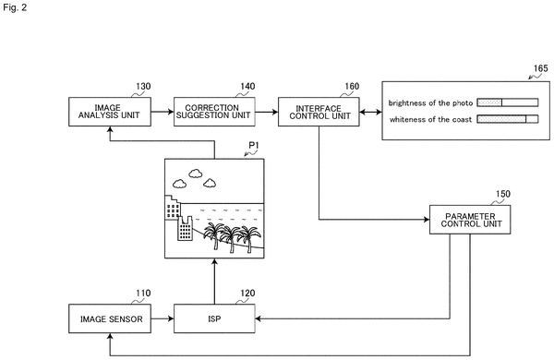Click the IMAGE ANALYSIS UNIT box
110,112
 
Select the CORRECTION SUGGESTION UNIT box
214,112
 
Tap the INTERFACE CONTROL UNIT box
319,112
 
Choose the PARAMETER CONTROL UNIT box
470,220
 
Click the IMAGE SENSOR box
110,318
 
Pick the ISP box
214,318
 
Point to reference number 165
540,68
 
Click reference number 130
143,86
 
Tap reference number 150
503,194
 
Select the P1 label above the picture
254,145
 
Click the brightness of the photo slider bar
507,102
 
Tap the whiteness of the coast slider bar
507,119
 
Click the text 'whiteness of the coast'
430,119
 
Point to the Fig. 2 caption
15,7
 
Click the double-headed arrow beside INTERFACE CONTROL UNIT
370,112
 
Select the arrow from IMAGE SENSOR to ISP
163,318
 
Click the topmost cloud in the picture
196,174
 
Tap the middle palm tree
230,238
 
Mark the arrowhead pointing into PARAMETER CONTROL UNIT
427,220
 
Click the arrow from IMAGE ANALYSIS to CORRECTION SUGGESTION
163,112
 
